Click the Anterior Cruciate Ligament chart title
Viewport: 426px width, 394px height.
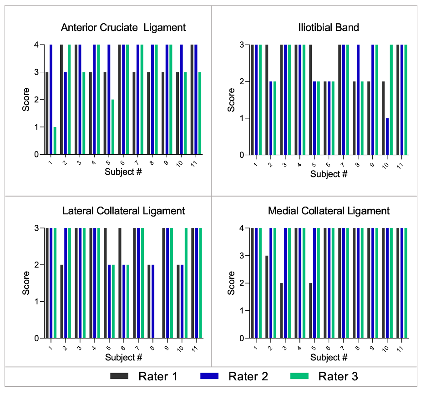pyautogui.click(x=123, y=28)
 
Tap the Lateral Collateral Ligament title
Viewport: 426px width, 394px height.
pyautogui.click(x=123, y=211)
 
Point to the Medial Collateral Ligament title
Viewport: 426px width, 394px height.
pyautogui.click(x=329, y=211)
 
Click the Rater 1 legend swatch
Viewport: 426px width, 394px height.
pyautogui.click(x=120, y=376)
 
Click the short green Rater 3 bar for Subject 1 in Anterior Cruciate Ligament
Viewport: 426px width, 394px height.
pyautogui.click(x=55, y=141)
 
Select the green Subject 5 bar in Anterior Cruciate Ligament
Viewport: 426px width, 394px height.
pyautogui.click(x=113, y=127)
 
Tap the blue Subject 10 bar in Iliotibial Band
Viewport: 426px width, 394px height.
pyautogui.click(x=387, y=136)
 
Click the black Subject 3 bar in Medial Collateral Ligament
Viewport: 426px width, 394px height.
pyautogui.click(x=282, y=311)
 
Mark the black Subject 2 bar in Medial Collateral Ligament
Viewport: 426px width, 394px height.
pyautogui.click(x=267, y=297)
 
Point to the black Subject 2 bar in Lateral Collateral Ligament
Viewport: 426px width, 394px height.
pyautogui.click(x=61, y=301)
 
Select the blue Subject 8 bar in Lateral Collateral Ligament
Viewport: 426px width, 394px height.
pyautogui.click(x=153, y=301)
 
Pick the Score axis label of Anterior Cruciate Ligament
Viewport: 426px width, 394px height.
pyautogui.click(x=26, y=99)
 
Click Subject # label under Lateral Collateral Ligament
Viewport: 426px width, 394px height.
pyautogui.click(x=123, y=357)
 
